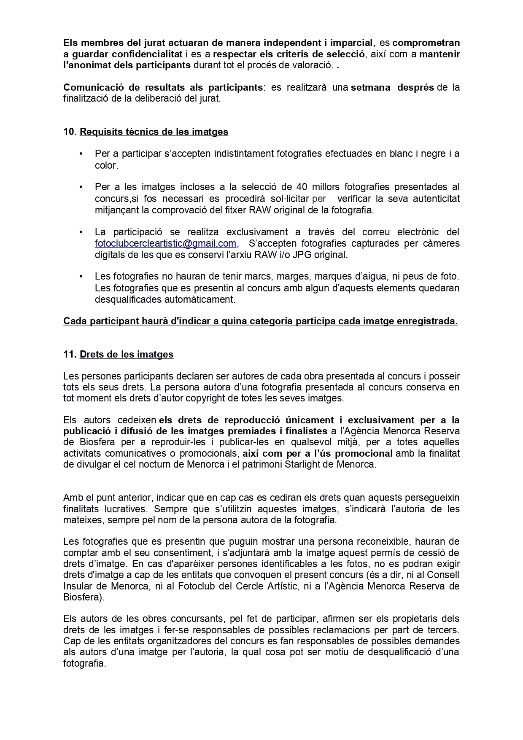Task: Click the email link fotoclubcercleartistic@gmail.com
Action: tap(165, 243)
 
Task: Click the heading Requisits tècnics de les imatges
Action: tap(154, 132)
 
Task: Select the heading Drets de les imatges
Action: tap(127, 354)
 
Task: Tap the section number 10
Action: tap(69, 132)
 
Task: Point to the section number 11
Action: tap(69, 354)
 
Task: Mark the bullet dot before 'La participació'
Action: tap(81, 232)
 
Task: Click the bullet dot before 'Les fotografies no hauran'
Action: tap(81, 277)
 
